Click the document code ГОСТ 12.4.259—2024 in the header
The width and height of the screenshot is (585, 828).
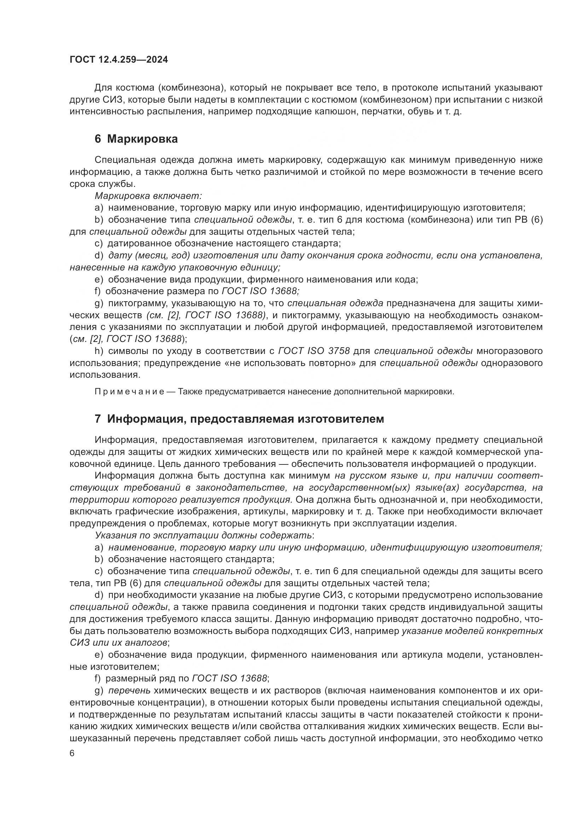coord(119,60)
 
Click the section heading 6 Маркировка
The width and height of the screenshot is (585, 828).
coord(136,139)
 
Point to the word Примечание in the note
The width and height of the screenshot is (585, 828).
coord(130,392)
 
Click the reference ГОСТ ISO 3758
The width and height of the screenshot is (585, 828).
coord(314,351)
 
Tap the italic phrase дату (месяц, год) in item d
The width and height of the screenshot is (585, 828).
coord(150,255)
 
